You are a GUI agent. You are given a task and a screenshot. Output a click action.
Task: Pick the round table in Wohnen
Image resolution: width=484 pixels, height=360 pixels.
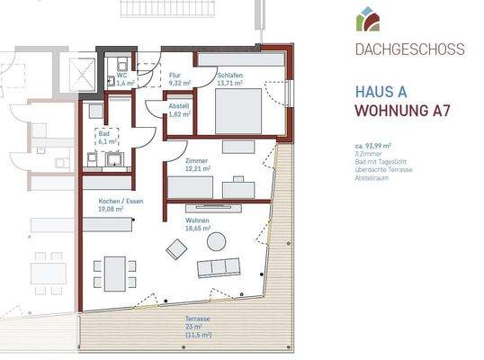217,241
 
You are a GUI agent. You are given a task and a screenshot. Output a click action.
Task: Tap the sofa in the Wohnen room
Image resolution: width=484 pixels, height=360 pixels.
220,267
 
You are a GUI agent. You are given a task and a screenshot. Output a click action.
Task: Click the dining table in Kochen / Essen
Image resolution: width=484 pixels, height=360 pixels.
113,269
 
